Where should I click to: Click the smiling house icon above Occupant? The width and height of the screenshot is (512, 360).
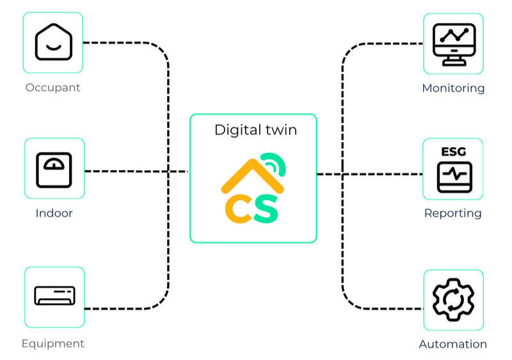click(x=54, y=42)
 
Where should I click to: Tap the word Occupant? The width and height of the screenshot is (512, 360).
click(x=53, y=88)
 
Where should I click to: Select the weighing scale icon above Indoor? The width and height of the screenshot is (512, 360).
click(x=54, y=169)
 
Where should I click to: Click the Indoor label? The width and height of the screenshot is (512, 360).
click(x=54, y=213)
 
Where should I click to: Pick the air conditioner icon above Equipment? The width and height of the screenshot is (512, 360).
click(x=54, y=296)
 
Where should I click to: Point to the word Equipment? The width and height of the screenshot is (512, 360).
click(x=53, y=343)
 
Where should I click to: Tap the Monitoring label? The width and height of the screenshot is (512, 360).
click(x=453, y=88)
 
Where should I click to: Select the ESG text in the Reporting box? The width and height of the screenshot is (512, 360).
click(x=454, y=152)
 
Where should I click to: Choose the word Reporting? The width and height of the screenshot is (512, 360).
click(x=453, y=213)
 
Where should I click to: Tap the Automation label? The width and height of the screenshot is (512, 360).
click(x=453, y=344)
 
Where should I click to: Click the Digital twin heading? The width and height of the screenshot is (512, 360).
click(x=255, y=130)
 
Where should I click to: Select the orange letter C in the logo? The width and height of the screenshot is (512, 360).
click(x=237, y=209)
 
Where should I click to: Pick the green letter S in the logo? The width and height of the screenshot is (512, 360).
click(x=266, y=209)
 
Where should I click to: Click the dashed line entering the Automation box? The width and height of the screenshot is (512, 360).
click(x=390, y=309)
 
